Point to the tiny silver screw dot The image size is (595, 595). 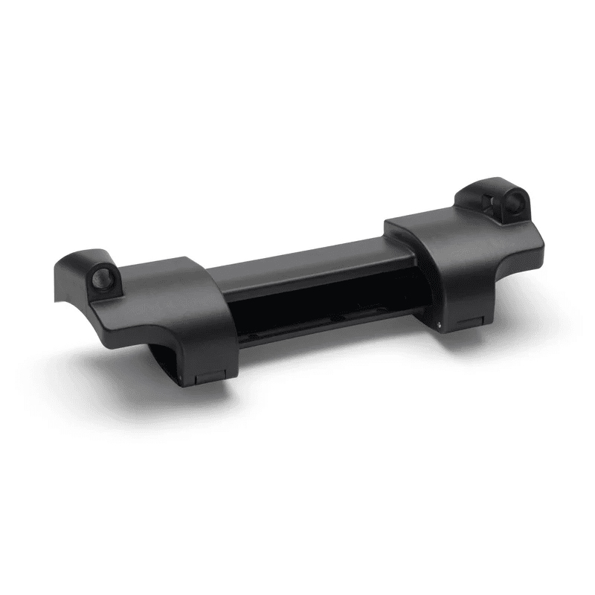440,324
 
